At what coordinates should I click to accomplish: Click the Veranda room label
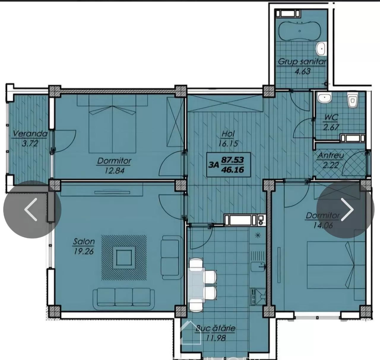pyautogui.click(x=30, y=134)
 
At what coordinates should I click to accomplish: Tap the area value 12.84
pyautogui.click(x=114, y=170)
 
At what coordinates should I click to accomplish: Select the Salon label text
pyautogui.click(x=84, y=242)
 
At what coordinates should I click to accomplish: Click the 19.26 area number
pyautogui.click(x=84, y=251)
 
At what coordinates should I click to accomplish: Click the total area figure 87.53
pyautogui.click(x=232, y=160)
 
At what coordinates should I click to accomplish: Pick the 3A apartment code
pyautogui.click(x=213, y=165)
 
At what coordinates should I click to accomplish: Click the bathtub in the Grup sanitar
pyautogui.click(x=299, y=31)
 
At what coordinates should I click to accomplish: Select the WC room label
pyautogui.click(x=331, y=117)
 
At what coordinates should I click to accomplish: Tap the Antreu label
pyautogui.click(x=331, y=155)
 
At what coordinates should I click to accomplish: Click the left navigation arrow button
pyautogui.click(x=32, y=210)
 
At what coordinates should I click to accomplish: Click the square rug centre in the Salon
pyautogui.click(x=124, y=258)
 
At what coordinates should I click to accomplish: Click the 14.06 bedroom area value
pyautogui.click(x=323, y=225)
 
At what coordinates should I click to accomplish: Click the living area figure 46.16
pyautogui.click(x=232, y=170)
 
